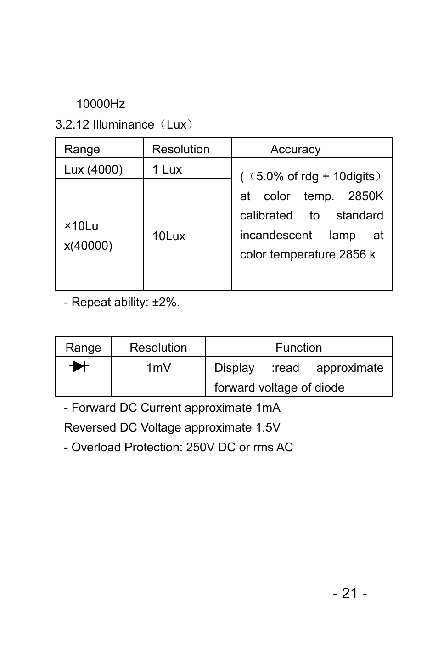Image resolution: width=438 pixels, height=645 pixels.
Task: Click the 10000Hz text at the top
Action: tap(101, 104)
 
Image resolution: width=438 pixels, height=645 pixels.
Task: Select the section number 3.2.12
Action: tap(72, 125)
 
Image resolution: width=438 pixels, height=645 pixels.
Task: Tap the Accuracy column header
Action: tap(295, 149)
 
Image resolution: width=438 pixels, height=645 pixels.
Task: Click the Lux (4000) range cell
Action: tap(93, 169)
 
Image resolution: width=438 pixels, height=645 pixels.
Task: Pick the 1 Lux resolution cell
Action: tap(167, 169)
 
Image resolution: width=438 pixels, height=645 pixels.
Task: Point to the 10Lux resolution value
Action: tap(169, 236)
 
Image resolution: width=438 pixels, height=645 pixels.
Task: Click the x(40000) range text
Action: tap(88, 246)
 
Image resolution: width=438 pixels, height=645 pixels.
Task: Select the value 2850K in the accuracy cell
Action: tap(365, 196)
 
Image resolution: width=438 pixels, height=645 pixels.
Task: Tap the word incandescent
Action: tap(275, 236)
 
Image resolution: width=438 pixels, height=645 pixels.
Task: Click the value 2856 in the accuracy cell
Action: tap(352, 255)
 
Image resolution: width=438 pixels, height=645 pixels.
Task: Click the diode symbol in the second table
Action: tap(79, 366)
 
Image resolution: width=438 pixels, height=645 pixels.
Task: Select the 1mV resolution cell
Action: tap(158, 368)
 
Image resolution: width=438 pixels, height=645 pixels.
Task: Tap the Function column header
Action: tap(298, 348)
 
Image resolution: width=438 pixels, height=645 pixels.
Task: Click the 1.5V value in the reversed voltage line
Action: tap(268, 428)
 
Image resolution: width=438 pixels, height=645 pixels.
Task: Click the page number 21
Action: tap(350, 594)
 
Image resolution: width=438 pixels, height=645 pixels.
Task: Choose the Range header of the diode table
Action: tap(83, 348)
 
